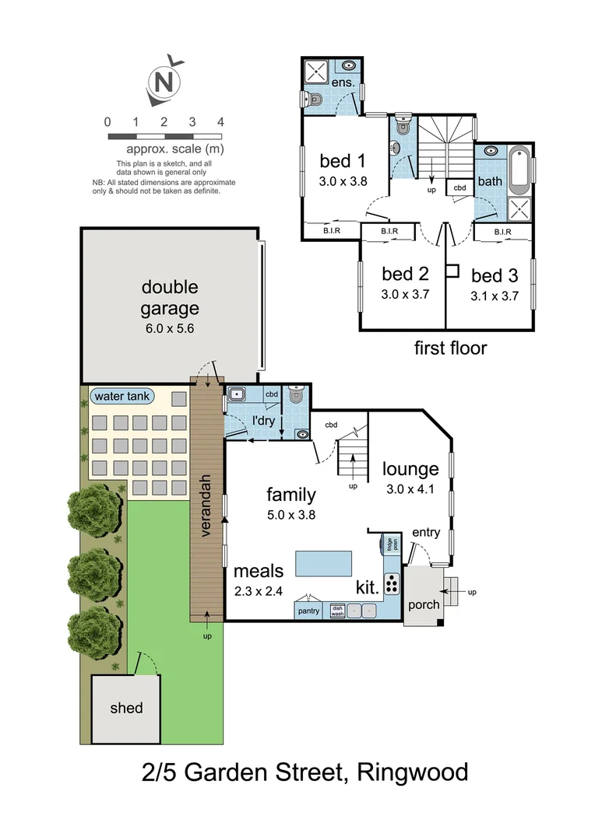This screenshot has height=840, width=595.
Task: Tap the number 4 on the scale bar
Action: pos(221,122)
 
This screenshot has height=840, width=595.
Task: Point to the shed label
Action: pos(126,708)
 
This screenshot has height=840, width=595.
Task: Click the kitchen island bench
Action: pos(322,562)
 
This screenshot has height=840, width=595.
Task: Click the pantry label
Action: pos(309,611)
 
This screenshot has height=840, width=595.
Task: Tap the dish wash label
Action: pos(337,611)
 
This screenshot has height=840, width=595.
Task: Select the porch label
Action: pos(424,604)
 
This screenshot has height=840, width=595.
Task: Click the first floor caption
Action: pos(450,348)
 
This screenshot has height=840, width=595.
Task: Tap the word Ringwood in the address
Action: pos(413,772)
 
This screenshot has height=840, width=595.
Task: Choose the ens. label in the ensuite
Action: pos(343,82)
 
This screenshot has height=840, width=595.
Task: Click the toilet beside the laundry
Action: pos(295,396)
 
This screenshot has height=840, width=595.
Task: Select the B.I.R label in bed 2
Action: pos(389,231)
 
